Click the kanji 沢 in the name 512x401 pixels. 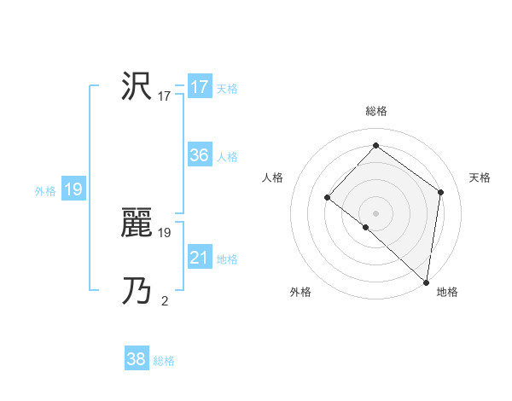click(137, 87)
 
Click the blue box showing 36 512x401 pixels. click(200, 155)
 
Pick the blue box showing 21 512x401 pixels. click(200, 258)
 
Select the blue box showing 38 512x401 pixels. click(137, 359)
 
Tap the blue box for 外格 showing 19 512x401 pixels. click(73, 189)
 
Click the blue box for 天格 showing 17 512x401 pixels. click(200, 87)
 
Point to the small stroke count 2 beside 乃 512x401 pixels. click(165, 300)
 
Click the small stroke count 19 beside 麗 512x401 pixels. click(165, 232)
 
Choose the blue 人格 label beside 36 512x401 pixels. click(227, 157)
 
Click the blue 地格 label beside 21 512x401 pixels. click(227, 259)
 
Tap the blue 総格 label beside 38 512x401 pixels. click(164, 361)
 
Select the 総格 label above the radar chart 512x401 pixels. click(376, 111)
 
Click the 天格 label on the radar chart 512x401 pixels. click(480, 177)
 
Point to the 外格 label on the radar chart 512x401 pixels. click(300, 293)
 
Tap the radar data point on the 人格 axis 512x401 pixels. click(327, 197)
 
